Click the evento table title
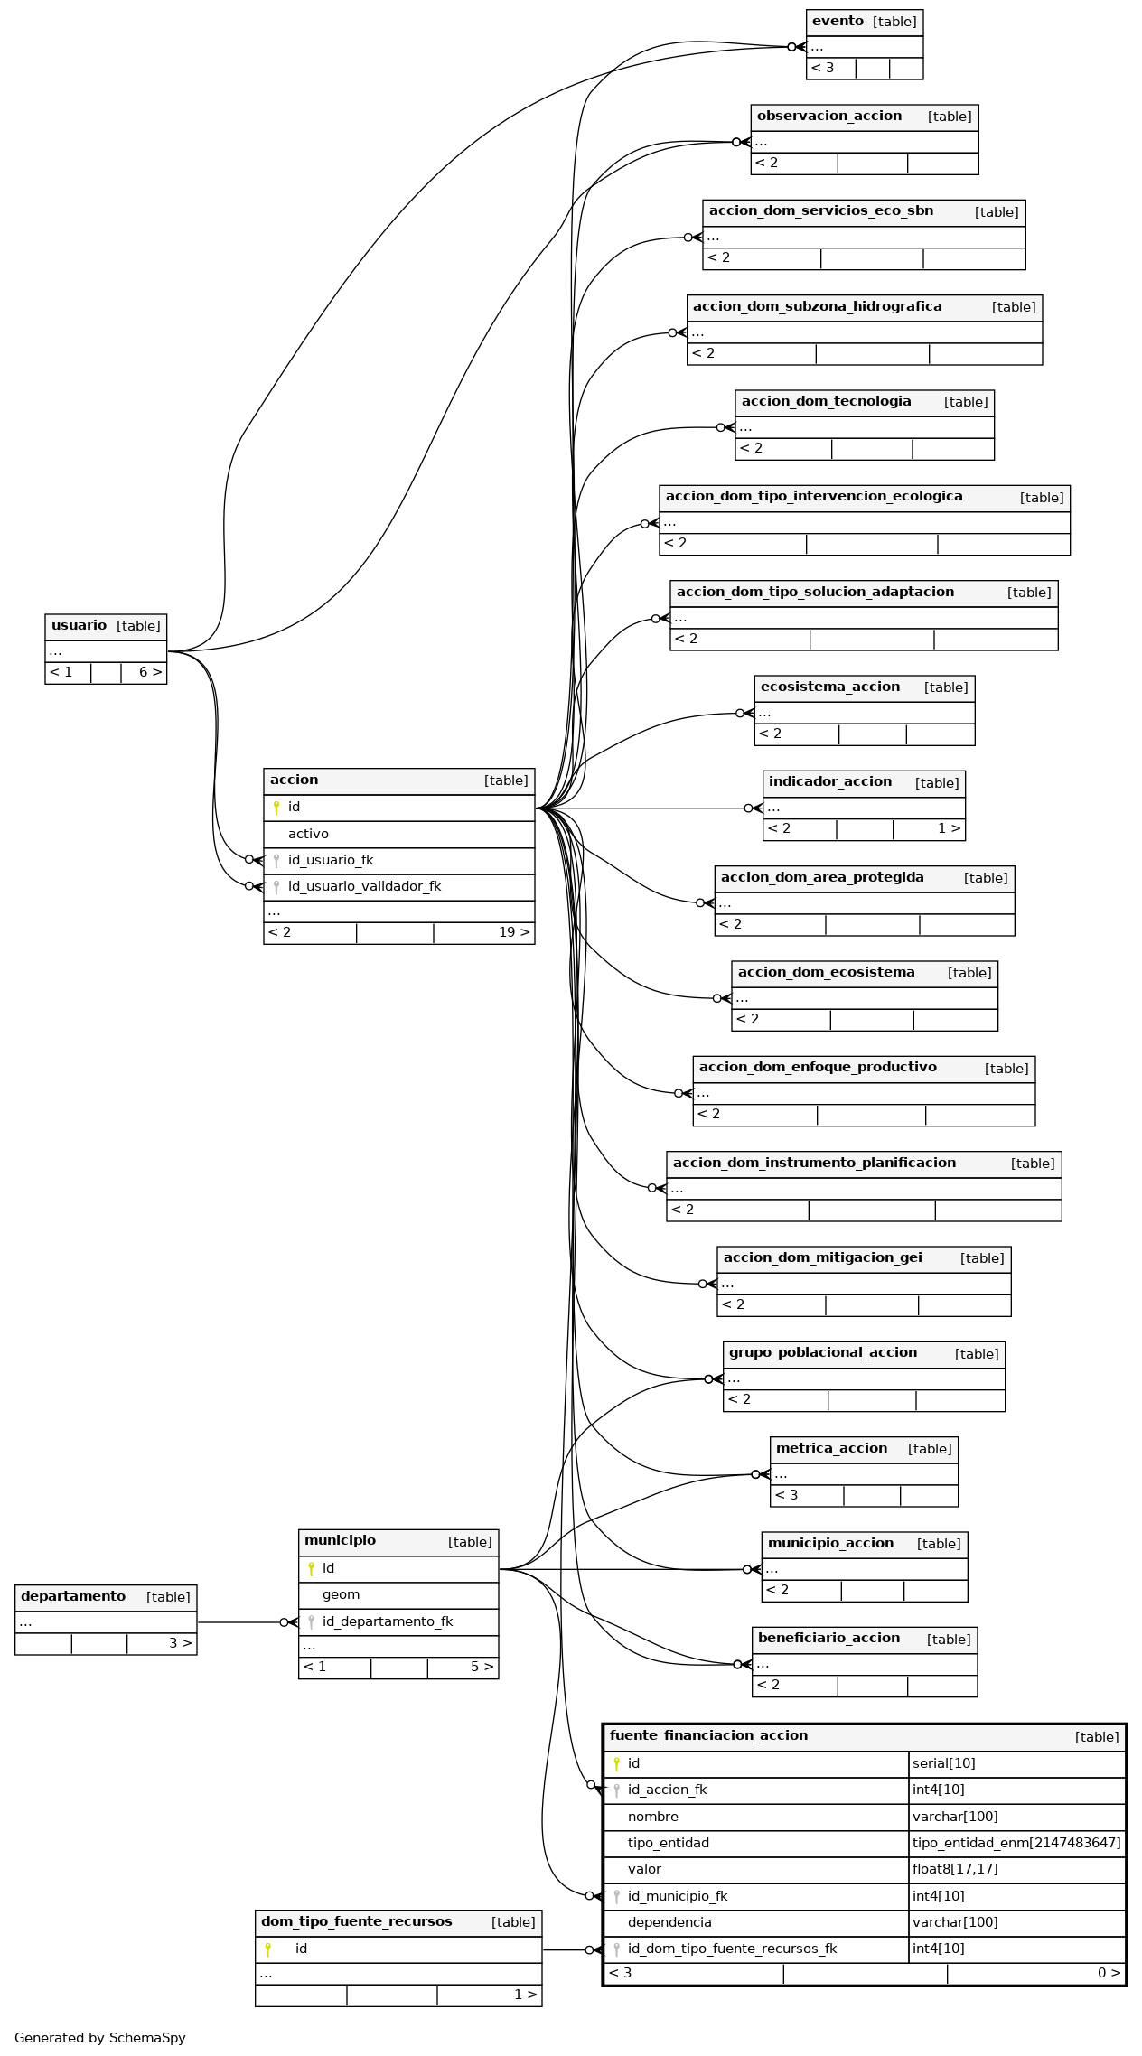point(838,21)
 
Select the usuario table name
point(79,625)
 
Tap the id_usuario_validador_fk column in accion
point(364,886)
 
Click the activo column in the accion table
point(308,834)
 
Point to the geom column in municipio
point(341,1594)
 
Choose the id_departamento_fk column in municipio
point(388,1621)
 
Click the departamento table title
point(73,1596)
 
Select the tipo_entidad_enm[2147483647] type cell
point(1016,1843)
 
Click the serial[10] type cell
point(943,1763)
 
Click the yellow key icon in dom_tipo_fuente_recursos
point(268,1949)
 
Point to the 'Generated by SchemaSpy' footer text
point(100,2037)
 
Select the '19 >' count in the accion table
point(514,932)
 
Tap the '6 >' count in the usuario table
point(151,672)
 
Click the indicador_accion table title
point(830,781)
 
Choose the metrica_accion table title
point(831,1448)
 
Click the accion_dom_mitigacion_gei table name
point(823,1257)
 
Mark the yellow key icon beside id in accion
point(276,808)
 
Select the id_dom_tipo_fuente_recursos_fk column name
point(732,1949)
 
